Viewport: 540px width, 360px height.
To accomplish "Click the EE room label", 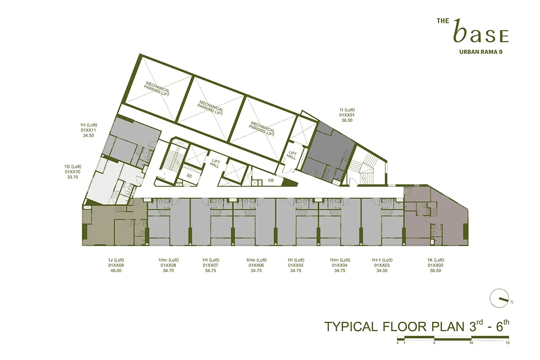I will (x=189, y=176).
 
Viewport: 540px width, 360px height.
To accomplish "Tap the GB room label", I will (x=271, y=180).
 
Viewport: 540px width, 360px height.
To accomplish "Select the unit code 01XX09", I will (x=116, y=265).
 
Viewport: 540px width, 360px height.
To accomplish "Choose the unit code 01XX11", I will (x=89, y=130).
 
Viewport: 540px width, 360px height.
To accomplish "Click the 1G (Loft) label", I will (x=72, y=166).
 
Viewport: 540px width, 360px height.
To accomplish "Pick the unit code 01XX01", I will (x=347, y=115).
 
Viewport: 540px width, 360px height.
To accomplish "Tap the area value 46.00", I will (x=116, y=271).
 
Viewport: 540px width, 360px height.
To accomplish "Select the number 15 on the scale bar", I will (x=507, y=343).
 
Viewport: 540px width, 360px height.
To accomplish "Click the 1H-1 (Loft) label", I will (x=382, y=260).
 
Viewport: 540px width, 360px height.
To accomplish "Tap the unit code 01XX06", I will (x=256, y=265).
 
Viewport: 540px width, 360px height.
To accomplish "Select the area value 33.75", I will (x=72, y=177).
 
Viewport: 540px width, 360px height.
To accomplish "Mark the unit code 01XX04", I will (x=340, y=265).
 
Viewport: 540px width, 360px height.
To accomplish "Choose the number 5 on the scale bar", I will (x=434, y=343).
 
